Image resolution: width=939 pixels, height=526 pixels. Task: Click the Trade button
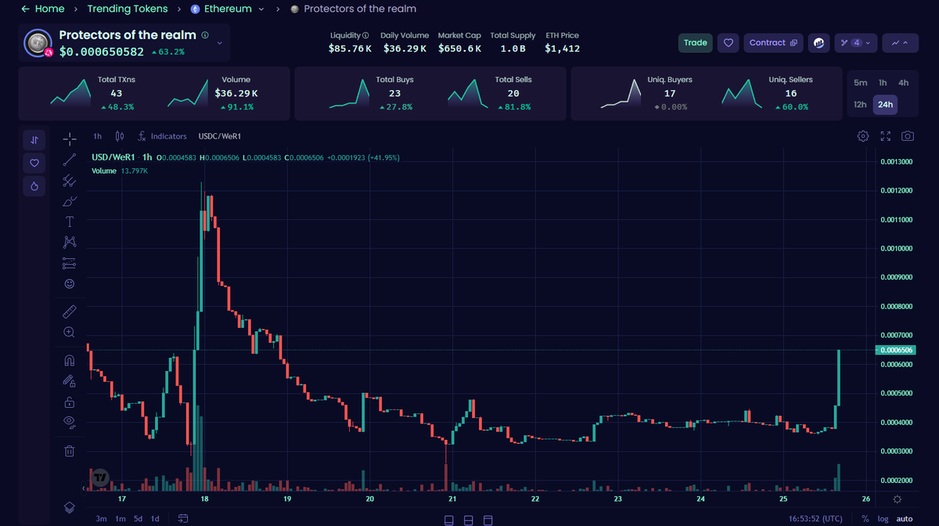[x=695, y=43]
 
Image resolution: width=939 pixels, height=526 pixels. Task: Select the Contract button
[x=772, y=43]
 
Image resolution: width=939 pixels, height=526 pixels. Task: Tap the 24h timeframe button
[x=885, y=104]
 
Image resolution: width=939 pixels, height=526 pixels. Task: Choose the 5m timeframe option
[x=860, y=83]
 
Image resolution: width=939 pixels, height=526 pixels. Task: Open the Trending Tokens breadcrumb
[x=127, y=9]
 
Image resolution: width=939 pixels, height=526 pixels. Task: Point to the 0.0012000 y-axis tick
[x=895, y=191]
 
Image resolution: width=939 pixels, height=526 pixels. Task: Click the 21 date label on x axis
[x=452, y=499]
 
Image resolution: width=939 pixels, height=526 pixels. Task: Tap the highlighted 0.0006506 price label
[x=896, y=350]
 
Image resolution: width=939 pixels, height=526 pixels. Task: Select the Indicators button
[x=163, y=136]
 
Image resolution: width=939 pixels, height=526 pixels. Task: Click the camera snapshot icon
[x=907, y=136]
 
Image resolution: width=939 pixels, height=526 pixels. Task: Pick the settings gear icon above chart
[x=863, y=136]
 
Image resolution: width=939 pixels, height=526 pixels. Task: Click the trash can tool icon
[x=70, y=451]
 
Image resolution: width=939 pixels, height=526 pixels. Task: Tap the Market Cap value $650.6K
[x=459, y=49]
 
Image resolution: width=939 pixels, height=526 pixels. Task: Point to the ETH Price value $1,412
[x=562, y=49]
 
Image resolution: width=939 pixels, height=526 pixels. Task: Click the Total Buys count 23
[x=394, y=94]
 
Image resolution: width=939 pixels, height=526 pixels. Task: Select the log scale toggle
[x=883, y=519]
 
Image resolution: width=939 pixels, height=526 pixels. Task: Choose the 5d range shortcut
[x=138, y=519]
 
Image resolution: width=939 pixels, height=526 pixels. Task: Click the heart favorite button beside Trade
[x=729, y=43]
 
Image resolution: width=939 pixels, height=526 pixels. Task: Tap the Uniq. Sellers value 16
[x=790, y=94]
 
